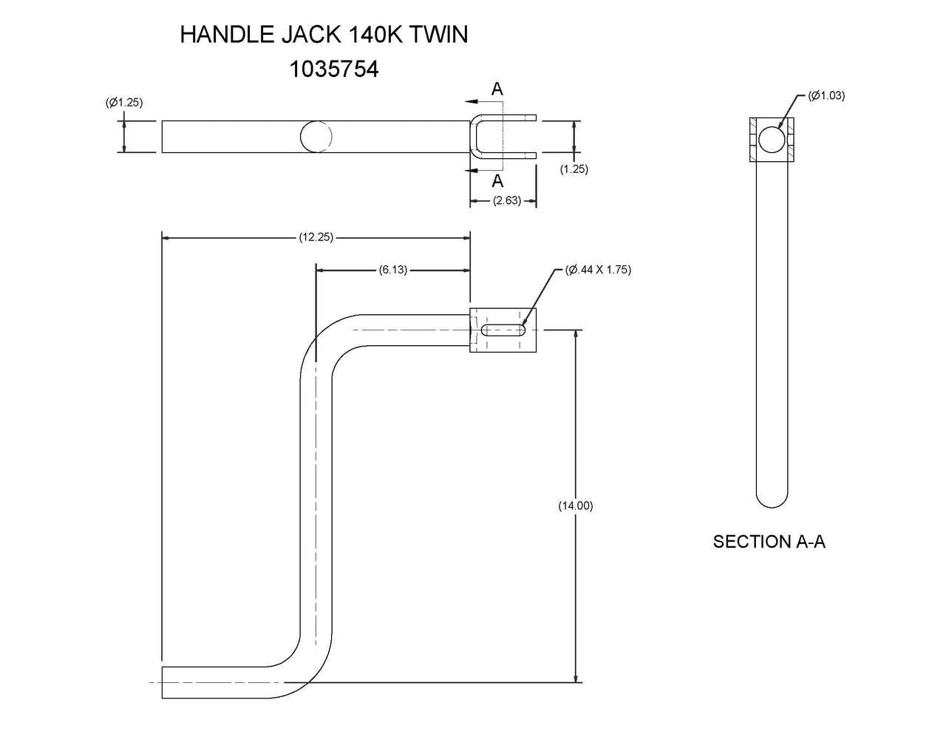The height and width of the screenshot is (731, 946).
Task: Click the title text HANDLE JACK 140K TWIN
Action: (324, 35)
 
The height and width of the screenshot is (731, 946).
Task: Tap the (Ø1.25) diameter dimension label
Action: (124, 103)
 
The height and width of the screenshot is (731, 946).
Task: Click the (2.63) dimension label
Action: (507, 200)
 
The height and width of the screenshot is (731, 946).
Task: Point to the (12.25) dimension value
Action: (316, 237)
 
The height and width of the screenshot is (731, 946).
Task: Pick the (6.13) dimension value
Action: (392, 270)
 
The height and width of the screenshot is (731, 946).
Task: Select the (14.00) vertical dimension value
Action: (575, 506)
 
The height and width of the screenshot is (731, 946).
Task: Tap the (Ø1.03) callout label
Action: (826, 95)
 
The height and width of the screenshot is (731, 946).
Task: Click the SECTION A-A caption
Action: (769, 542)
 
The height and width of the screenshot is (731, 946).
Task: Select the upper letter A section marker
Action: (497, 89)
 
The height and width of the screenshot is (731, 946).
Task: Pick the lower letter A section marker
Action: (497, 180)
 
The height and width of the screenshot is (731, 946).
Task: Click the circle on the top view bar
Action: (316, 136)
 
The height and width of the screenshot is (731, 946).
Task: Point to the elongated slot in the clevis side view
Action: (503, 330)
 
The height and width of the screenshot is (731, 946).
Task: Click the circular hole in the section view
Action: (771, 139)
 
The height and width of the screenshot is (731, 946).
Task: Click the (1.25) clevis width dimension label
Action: (574, 169)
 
